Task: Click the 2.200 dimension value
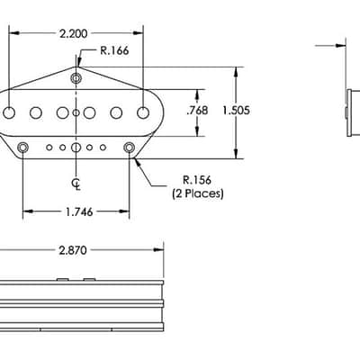[x=74, y=33]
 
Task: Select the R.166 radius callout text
[x=114, y=50]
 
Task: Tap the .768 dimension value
[x=197, y=111]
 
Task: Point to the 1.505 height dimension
[x=236, y=111]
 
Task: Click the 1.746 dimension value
[x=79, y=212]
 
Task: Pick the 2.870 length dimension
[x=73, y=250]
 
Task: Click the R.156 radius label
[x=197, y=180]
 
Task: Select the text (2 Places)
[x=198, y=193]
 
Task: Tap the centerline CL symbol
[x=76, y=184]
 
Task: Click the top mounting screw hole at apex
[x=76, y=78]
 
